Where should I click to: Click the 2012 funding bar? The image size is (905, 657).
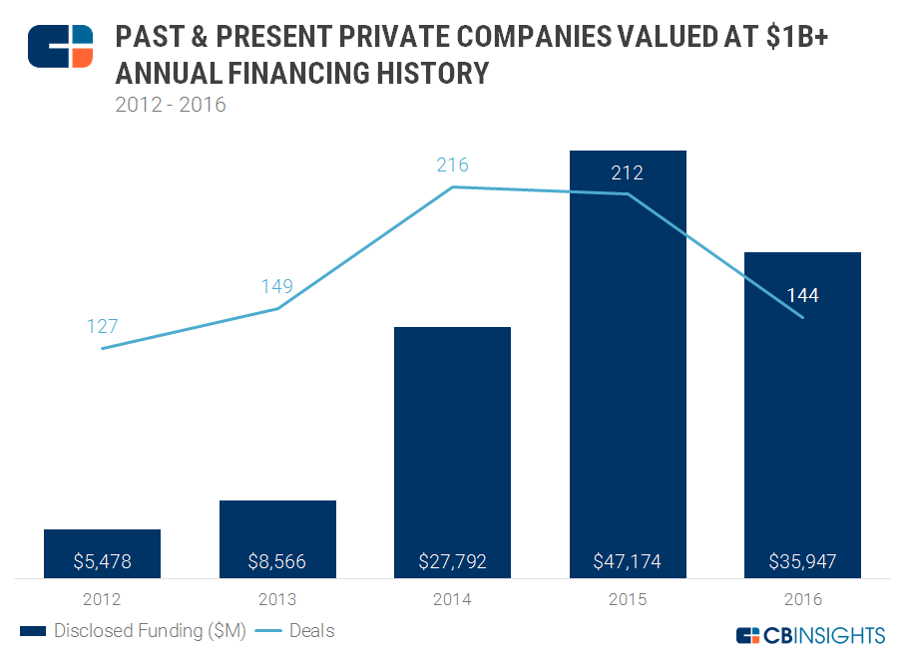coord(102,543)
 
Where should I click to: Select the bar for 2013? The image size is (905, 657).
coord(277,528)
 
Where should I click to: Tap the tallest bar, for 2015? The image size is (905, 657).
coord(628,399)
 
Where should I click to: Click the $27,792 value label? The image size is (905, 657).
coord(452,562)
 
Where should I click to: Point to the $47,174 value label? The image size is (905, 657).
coord(628,562)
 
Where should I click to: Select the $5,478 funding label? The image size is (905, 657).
coord(102,562)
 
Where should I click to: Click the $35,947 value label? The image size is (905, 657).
coord(802,562)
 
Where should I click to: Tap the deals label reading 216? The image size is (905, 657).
coord(452,165)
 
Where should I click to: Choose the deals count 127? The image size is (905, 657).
coord(102,326)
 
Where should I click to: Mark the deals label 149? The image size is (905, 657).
coord(277,287)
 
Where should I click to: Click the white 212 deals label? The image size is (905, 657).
coord(628,172)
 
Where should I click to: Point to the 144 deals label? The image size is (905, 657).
coord(802,296)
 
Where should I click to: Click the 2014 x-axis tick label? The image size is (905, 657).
coord(452,600)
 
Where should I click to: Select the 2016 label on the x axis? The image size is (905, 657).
coord(802,600)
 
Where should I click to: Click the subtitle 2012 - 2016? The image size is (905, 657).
coord(171,104)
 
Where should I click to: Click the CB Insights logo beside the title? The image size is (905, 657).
coord(60,47)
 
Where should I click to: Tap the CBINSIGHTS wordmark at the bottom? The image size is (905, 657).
coord(809,635)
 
